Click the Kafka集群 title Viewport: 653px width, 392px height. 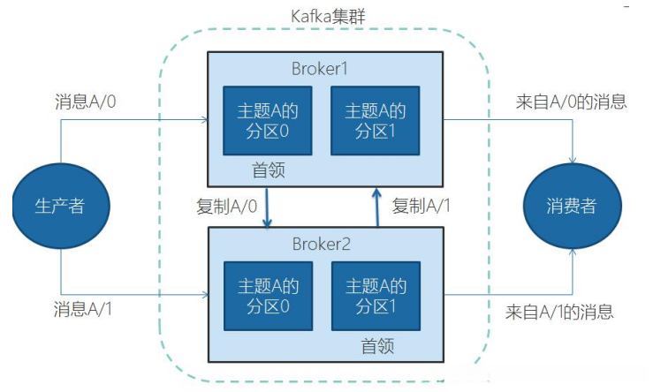pyautogui.click(x=328, y=16)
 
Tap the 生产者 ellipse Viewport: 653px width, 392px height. pyautogui.click(x=61, y=206)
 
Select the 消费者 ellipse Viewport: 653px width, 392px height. pyautogui.click(x=573, y=206)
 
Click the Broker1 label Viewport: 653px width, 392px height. pyautogui.click(x=319, y=69)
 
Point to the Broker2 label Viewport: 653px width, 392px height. pyautogui.click(x=321, y=244)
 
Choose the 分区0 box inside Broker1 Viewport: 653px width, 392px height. pyautogui.click(x=268, y=121)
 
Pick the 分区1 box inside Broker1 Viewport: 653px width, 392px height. pyautogui.click(x=375, y=121)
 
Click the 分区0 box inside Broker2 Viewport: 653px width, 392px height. pyautogui.click(x=269, y=297)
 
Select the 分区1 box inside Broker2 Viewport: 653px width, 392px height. pyautogui.click(x=376, y=297)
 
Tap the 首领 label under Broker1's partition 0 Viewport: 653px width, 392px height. pyautogui.click(x=269, y=170)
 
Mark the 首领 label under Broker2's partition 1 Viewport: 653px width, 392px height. pyautogui.click(x=377, y=346)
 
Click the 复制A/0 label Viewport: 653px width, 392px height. pyautogui.click(x=227, y=206)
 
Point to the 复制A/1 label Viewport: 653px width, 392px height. pyautogui.click(x=421, y=206)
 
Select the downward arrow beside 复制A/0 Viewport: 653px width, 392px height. pyautogui.click(x=267, y=207)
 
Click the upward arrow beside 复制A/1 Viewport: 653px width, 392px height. pyautogui.click(x=377, y=207)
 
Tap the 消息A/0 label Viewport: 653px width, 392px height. pyautogui.click(x=86, y=102)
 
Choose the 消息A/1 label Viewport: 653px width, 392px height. pyautogui.click(x=83, y=309)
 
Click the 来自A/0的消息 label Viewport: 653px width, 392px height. pyautogui.click(x=572, y=102)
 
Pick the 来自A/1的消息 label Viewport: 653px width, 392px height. pyautogui.click(x=559, y=312)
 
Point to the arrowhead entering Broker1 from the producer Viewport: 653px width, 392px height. pyautogui.click(x=205, y=120)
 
